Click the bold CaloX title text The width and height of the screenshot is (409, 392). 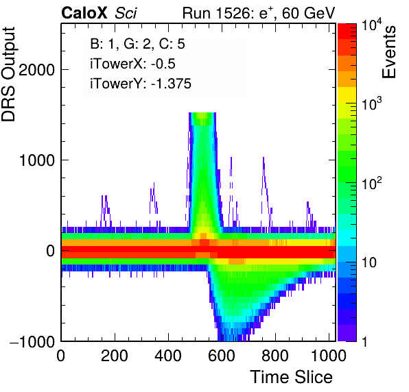(84, 13)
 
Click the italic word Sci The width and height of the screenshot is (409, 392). (126, 13)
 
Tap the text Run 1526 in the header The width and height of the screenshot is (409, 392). (216, 13)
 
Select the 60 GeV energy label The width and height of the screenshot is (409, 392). (308, 13)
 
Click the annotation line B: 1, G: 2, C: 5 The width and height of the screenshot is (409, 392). (137, 44)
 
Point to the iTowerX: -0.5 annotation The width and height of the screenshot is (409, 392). (132, 64)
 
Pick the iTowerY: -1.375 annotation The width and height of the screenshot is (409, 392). (141, 84)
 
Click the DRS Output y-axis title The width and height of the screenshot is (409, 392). (8, 74)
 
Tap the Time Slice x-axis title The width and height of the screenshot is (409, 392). (292, 377)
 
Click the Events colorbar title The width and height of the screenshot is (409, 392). (388, 52)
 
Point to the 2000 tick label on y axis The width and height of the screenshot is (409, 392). (37, 69)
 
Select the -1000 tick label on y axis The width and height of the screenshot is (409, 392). (32, 341)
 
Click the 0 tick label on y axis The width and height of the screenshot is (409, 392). (51, 251)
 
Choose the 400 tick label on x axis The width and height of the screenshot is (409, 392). (168, 355)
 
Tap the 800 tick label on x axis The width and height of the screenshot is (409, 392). (275, 355)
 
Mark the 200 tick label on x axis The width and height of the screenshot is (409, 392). (114, 355)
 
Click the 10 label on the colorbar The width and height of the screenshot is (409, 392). (369, 262)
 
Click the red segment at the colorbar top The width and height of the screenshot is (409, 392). (347, 32)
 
